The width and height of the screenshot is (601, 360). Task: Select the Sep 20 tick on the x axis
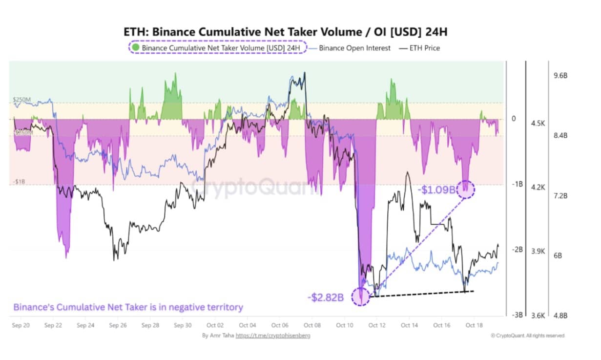click(20, 325)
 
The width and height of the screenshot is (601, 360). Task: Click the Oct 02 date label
click(215, 325)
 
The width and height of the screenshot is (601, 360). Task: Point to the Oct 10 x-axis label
click(345, 325)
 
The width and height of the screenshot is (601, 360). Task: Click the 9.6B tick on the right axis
click(560, 76)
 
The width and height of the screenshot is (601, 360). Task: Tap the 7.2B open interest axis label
click(560, 195)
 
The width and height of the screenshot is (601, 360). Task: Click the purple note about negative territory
click(128, 307)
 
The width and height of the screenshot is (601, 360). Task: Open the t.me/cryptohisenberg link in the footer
click(273, 336)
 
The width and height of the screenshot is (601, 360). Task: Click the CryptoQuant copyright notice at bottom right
click(527, 336)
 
